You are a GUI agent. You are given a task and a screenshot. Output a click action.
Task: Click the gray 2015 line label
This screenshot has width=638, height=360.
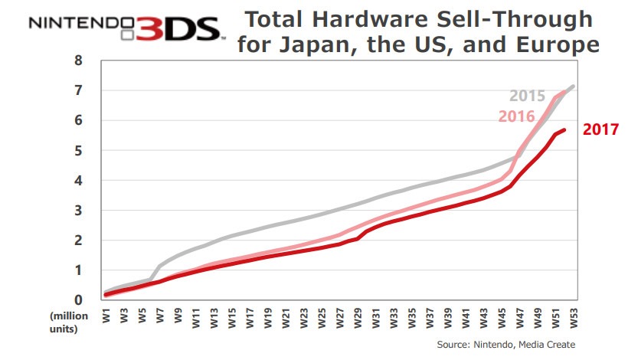click(x=528, y=97)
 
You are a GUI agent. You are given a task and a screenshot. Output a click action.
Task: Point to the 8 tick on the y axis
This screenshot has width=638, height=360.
click(x=78, y=61)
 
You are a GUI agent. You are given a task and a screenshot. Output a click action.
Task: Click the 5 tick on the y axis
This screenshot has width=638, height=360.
click(x=78, y=150)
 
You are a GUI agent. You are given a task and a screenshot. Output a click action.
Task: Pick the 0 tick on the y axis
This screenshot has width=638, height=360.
click(x=78, y=299)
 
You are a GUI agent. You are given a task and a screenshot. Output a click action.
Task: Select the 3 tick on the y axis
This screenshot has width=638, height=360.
click(x=78, y=210)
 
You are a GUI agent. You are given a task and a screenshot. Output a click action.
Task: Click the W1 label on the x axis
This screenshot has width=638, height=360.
click(x=106, y=316)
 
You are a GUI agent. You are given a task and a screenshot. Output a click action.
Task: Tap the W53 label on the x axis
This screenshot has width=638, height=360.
click(x=574, y=316)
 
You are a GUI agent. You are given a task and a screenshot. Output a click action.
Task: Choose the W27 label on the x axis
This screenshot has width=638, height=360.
click(x=340, y=316)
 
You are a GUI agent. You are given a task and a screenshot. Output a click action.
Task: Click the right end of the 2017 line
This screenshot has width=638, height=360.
click(x=564, y=129)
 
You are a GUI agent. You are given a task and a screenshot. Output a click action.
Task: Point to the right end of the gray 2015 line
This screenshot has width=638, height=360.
click(x=574, y=86)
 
